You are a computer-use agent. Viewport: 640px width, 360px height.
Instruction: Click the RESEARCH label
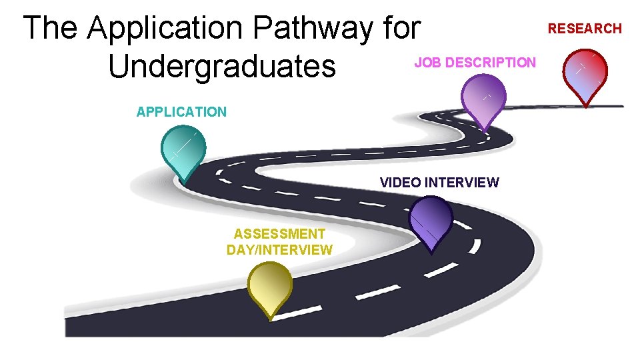[585, 29]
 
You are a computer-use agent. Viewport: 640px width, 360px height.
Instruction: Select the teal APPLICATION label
[181, 112]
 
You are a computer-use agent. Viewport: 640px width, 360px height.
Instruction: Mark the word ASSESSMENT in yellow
[279, 234]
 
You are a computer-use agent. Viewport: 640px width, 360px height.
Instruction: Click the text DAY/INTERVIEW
[279, 250]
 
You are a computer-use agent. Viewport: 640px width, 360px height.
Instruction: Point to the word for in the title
[403, 29]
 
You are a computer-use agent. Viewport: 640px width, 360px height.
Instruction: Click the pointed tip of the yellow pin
[270, 319]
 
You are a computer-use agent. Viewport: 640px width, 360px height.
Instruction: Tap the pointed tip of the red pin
[585, 105]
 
